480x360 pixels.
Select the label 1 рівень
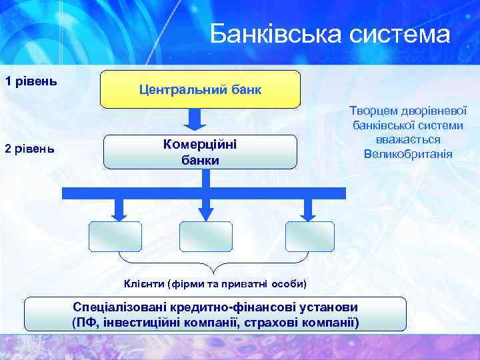coord(30,81)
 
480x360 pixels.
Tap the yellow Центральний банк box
coord(200,89)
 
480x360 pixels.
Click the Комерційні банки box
coord(200,152)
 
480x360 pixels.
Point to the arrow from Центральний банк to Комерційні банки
coord(194,120)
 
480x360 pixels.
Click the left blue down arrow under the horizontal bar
coord(119,209)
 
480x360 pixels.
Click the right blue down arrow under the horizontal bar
coord(308,209)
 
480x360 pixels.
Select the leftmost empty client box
coord(115,236)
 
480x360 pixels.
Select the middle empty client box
coord(206,236)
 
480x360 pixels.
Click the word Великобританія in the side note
coord(408,154)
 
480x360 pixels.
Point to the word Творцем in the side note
coord(373,112)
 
